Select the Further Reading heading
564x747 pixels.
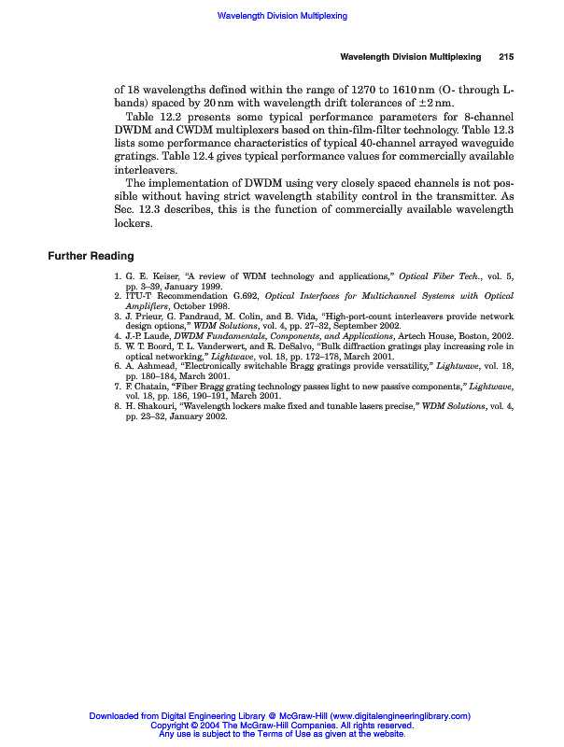tap(91, 256)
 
